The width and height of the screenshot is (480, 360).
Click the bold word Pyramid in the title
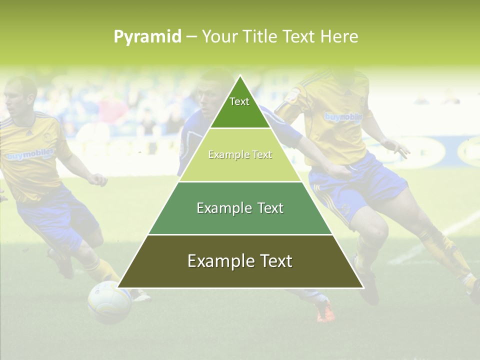(x=147, y=36)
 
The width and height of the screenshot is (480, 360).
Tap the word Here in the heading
(x=339, y=36)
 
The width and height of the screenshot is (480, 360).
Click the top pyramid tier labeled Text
(x=239, y=105)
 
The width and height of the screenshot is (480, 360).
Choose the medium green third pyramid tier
(x=239, y=208)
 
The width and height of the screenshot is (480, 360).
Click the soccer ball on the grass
(x=109, y=302)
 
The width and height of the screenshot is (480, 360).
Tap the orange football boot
(x=325, y=312)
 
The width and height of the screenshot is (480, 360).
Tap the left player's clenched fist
(x=97, y=179)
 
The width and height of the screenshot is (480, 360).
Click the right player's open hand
(x=397, y=147)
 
